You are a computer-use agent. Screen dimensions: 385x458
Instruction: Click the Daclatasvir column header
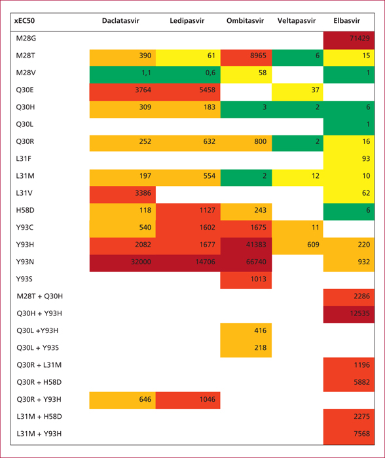(120, 21)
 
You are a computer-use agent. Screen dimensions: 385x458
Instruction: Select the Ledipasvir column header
(187, 21)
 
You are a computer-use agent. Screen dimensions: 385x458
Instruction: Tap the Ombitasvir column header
(245, 21)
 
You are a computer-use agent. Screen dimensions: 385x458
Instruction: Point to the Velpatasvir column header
(297, 21)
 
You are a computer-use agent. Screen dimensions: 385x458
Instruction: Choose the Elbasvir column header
(347, 21)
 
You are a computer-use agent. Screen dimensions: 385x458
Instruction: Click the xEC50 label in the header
(25, 21)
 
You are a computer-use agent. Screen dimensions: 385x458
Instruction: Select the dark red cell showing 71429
(349, 41)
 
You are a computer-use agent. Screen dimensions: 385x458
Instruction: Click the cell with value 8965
(246, 58)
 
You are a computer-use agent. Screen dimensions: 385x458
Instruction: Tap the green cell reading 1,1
(122, 75)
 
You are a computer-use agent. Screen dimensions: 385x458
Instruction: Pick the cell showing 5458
(188, 92)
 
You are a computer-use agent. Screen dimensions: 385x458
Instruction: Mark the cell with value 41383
(246, 246)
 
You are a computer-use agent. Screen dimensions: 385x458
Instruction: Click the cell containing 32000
(122, 263)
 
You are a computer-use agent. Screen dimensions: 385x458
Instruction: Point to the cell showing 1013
(246, 280)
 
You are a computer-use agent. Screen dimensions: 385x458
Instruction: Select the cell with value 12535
(349, 315)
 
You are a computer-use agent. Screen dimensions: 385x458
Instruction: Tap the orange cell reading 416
(246, 332)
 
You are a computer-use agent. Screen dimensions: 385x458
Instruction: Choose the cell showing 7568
(349, 435)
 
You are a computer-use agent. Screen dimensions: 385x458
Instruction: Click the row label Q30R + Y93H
(39, 399)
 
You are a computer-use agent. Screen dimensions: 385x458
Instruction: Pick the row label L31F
(24, 158)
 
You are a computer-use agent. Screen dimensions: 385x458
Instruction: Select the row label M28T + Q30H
(39, 296)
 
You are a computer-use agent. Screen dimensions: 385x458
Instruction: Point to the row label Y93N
(25, 262)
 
